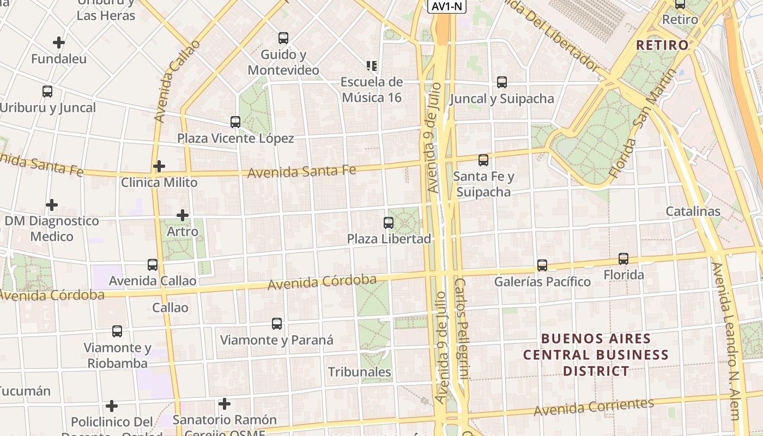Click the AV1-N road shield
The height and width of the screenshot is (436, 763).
[447, 6]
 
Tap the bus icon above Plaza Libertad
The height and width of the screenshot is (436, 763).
[388, 222]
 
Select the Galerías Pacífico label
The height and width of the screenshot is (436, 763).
[542, 282]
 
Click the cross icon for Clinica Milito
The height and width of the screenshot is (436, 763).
[159, 166]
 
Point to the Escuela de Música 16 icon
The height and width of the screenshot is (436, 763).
[372, 66]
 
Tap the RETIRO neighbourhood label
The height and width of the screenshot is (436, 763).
[662, 45]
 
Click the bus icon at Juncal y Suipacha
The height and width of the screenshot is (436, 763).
[502, 82]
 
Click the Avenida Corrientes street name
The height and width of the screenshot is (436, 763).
[594, 407]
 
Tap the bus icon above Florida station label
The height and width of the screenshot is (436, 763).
[623, 259]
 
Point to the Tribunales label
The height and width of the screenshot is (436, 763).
[359, 372]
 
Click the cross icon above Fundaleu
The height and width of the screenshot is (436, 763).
[59, 42]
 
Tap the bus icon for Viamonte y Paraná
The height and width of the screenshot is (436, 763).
[277, 324]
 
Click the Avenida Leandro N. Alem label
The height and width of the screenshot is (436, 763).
[726, 341]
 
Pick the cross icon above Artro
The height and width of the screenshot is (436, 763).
[183, 215]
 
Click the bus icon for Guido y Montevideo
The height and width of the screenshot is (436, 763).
[283, 38]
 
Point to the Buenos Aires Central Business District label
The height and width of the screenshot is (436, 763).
[595, 355]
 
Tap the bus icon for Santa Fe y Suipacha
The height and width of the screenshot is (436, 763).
[483, 160]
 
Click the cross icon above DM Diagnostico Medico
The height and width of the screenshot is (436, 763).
[52, 205]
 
